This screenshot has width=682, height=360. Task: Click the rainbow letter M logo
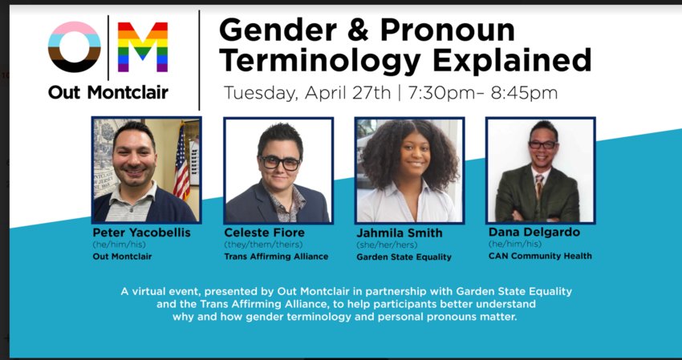(x=143, y=47)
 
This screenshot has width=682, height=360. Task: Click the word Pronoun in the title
(x=448, y=30)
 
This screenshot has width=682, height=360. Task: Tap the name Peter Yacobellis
(x=141, y=233)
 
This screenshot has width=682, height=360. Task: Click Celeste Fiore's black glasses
(x=279, y=163)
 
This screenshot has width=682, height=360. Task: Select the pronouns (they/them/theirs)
(x=263, y=245)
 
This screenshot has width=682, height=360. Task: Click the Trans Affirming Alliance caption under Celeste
(x=276, y=257)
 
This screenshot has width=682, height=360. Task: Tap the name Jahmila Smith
(x=400, y=233)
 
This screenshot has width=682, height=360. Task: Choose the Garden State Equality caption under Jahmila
(x=404, y=257)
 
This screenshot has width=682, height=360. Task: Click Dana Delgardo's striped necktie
(x=539, y=186)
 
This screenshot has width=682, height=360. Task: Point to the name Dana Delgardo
(x=534, y=233)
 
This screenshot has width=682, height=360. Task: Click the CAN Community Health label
(x=540, y=256)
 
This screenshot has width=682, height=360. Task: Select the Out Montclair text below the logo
(x=108, y=93)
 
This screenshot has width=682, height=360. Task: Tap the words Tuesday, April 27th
(x=307, y=93)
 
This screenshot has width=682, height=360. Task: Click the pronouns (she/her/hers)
(x=387, y=245)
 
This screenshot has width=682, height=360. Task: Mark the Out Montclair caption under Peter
(x=122, y=257)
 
